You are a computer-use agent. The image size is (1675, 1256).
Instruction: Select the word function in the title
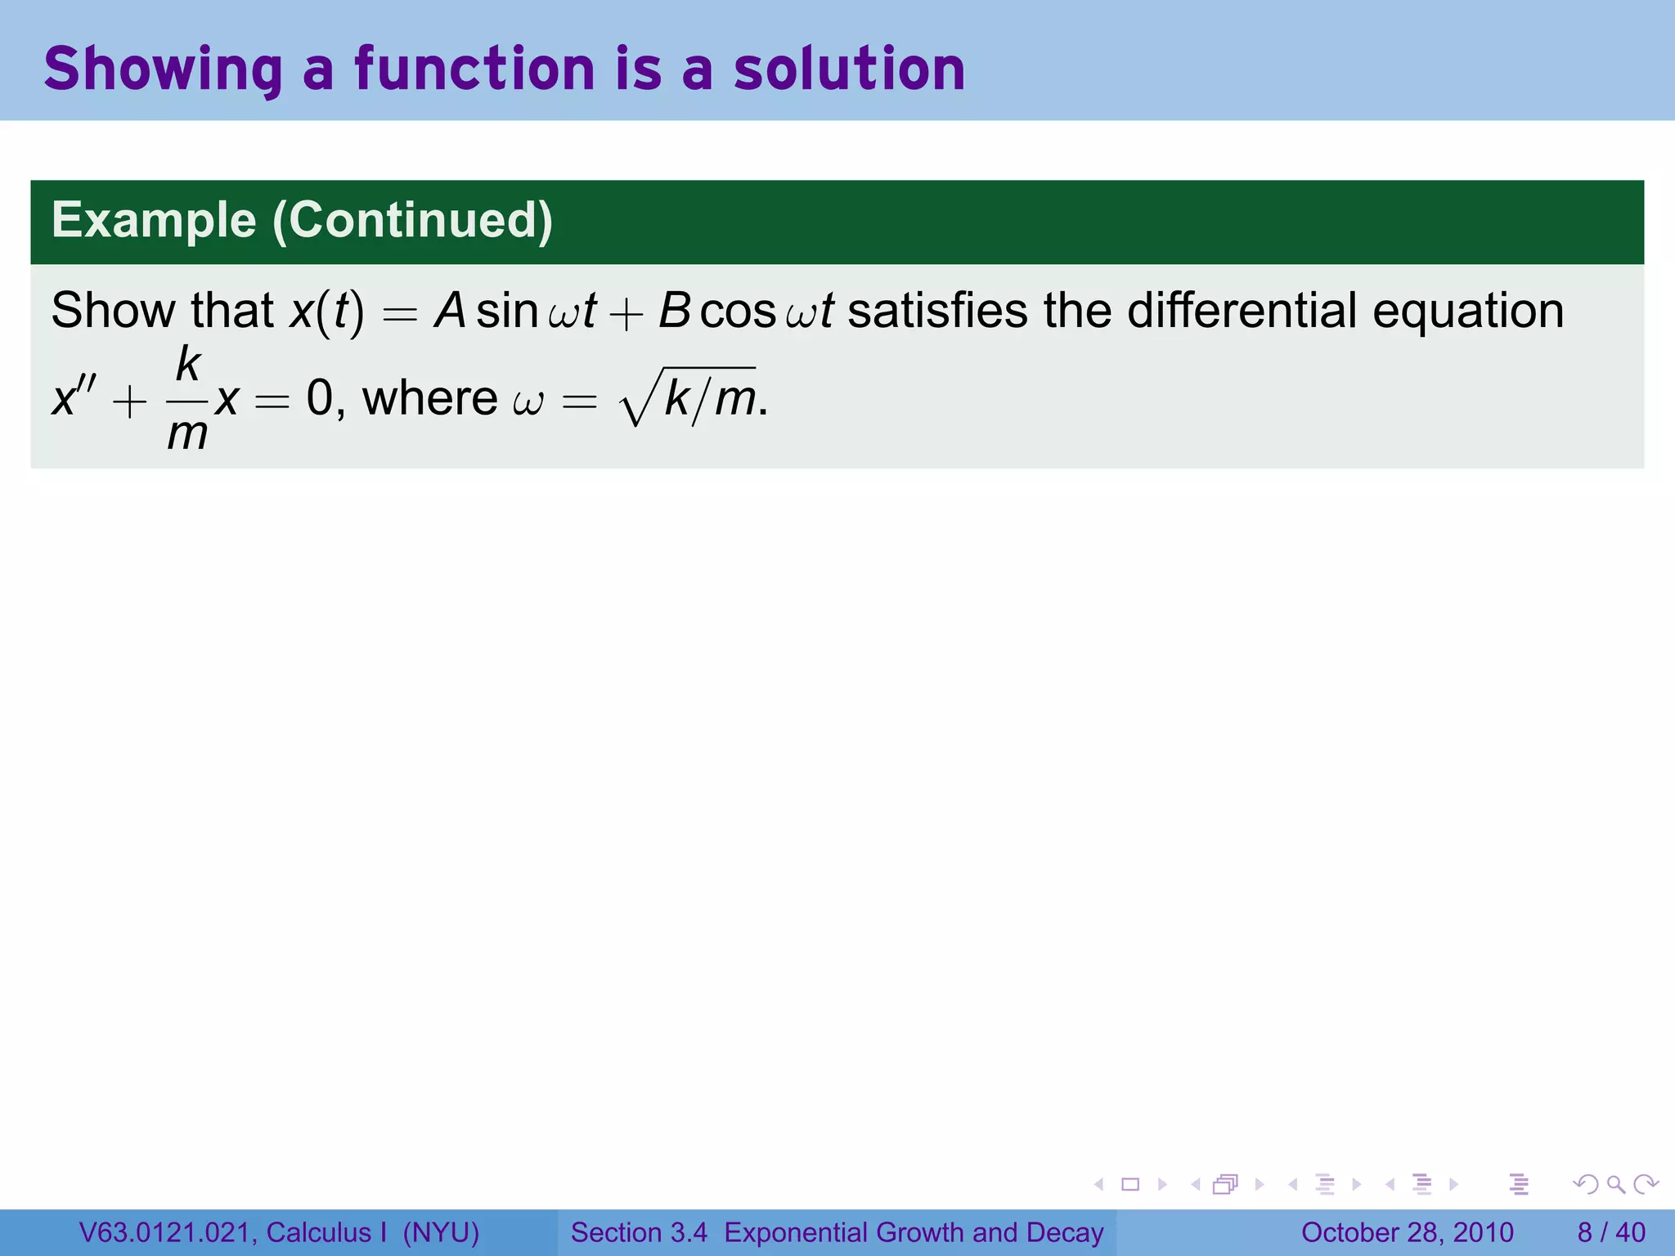[474, 69]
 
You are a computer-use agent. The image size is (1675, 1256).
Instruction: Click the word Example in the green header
[154, 221]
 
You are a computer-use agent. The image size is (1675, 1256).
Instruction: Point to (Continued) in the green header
[412, 221]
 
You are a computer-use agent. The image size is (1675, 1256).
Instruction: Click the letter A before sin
[450, 311]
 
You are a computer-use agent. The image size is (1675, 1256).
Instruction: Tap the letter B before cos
[675, 311]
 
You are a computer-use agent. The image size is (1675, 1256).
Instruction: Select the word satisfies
[937, 311]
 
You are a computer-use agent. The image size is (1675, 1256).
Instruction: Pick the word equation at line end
[1468, 312]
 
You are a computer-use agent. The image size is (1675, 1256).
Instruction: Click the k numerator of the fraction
[188, 364]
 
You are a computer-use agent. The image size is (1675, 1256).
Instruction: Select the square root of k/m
[689, 398]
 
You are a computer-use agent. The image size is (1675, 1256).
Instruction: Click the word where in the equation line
[429, 398]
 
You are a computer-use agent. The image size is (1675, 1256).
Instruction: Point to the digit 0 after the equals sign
[320, 398]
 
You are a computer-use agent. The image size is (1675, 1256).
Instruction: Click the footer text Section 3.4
[639, 1232]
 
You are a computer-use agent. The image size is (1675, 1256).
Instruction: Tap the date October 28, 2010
[1407, 1232]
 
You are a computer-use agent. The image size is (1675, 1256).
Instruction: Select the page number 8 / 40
[1610, 1232]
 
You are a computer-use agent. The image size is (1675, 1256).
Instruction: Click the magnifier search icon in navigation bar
[1615, 1184]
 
